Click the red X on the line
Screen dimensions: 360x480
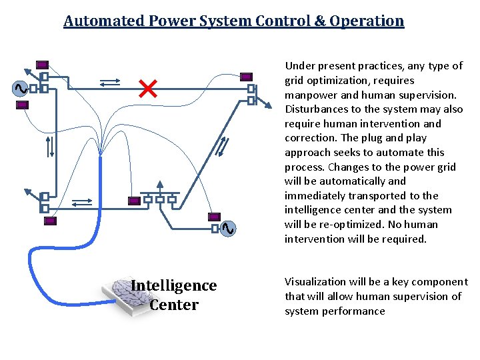(x=147, y=88)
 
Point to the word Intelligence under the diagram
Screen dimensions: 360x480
(x=174, y=285)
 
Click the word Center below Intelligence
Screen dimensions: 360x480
(x=174, y=305)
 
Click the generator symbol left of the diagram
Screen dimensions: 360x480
(x=19, y=88)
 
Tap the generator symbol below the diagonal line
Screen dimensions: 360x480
(x=227, y=229)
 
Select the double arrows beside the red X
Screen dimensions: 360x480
(x=109, y=83)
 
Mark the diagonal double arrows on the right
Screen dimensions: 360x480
(x=223, y=145)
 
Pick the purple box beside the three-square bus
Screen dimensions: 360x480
(x=134, y=200)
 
